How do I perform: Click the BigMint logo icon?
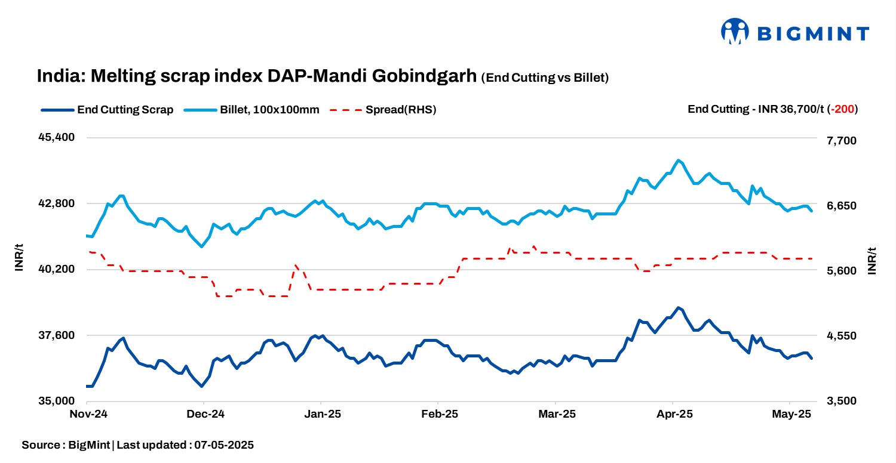click(x=735, y=32)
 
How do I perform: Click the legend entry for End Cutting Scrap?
click(x=125, y=110)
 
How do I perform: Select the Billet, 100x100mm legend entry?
click(x=269, y=110)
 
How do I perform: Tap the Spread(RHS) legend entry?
click(x=401, y=110)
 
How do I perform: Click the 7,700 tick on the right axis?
click(x=840, y=141)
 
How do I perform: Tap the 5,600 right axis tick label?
click(x=840, y=271)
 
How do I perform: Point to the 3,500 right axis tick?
click(x=840, y=402)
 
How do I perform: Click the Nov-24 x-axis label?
click(x=88, y=414)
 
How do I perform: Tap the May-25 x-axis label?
click(x=790, y=414)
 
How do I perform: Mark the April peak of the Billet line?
click(x=677, y=160)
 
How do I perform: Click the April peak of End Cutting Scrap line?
click(x=677, y=308)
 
